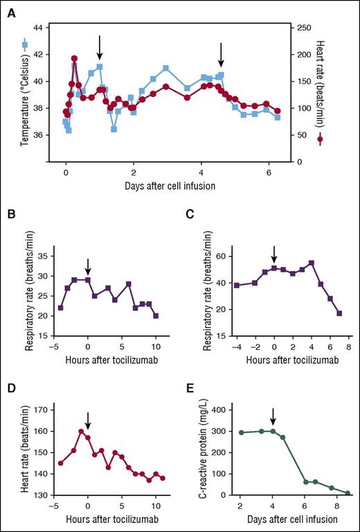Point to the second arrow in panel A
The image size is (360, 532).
221,54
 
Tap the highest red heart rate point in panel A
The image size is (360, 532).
74,59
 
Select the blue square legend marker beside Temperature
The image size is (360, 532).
25,45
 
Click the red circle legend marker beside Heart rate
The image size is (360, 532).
320,140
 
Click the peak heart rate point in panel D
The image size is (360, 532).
81,432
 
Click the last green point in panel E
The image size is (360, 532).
348,493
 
